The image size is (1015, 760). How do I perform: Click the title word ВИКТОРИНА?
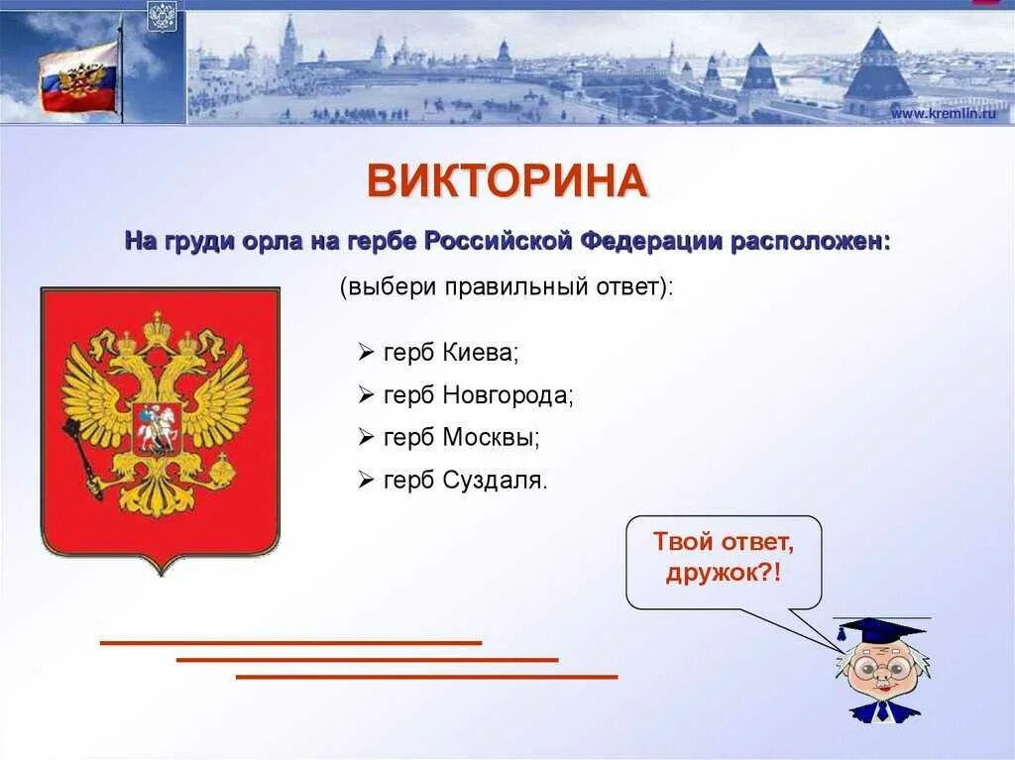tap(507, 181)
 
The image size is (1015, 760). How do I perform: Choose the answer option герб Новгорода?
tap(479, 394)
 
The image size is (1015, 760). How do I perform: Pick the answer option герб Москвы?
tap(461, 437)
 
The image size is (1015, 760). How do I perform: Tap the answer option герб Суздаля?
tap(465, 481)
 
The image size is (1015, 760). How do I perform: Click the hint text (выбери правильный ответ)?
tap(506, 287)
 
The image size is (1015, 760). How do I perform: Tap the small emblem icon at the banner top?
tap(162, 17)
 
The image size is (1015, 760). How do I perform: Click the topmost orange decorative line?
tap(290, 643)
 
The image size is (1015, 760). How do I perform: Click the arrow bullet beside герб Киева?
tap(365, 352)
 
